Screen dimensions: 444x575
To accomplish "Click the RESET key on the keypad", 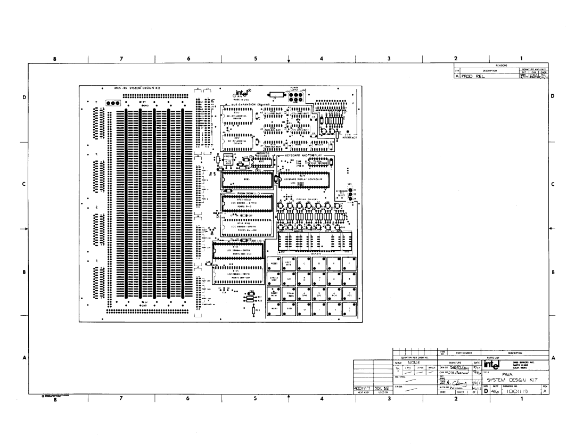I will pos(275,264).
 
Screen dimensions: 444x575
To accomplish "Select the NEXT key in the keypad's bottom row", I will pos(275,308).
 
